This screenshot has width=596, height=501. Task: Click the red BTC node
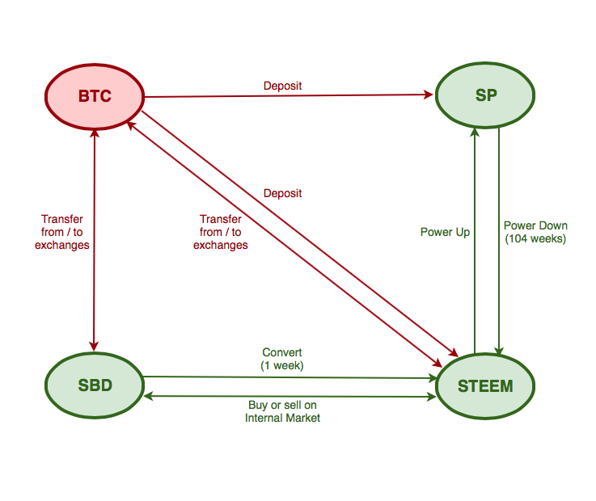pos(95,97)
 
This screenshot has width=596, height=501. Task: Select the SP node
pos(485,95)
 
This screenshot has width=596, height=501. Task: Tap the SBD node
pos(95,385)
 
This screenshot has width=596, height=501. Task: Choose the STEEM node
pos(485,385)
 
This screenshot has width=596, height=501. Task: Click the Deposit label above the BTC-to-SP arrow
pos(282,86)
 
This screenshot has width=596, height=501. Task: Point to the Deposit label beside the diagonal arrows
pos(282,194)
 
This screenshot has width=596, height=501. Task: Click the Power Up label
pos(445,232)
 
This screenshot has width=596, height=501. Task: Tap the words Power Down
pos(535,225)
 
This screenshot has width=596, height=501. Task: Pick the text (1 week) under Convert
pos(282,365)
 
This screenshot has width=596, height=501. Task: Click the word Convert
pos(282,352)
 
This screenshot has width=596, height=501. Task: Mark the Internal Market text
pos(282,418)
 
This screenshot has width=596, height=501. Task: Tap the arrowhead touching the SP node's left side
pos(429,95)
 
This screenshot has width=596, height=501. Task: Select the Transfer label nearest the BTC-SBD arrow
pos(62,232)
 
